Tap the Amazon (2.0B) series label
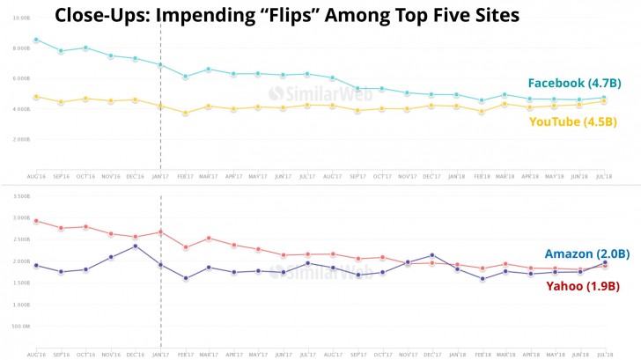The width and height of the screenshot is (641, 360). [x=586, y=253]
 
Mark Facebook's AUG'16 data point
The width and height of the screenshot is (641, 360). [x=35, y=40]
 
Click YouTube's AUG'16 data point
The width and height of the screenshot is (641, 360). [x=35, y=97]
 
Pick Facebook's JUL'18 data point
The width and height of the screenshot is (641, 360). [x=604, y=98]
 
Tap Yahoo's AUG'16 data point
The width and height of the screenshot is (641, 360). [x=35, y=221]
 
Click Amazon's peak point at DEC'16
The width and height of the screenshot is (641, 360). [x=135, y=246]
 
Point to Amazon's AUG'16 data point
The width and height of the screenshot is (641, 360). [x=35, y=265]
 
